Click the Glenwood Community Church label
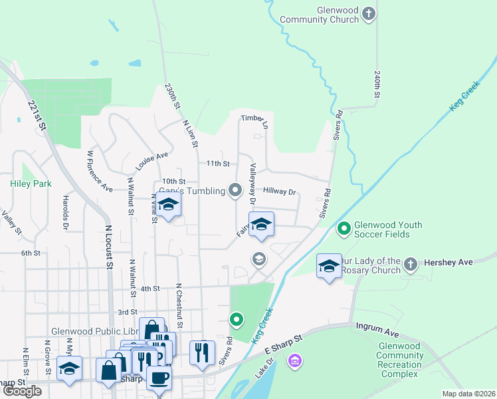click(319, 14)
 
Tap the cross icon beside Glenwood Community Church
click(370, 13)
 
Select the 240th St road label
click(377, 85)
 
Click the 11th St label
click(217, 164)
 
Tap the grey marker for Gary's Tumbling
click(235, 191)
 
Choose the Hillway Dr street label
click(279, 192)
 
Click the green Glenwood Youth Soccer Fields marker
click(344, 229)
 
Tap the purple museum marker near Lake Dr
click(294, 361)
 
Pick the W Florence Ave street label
click(100, 171)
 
